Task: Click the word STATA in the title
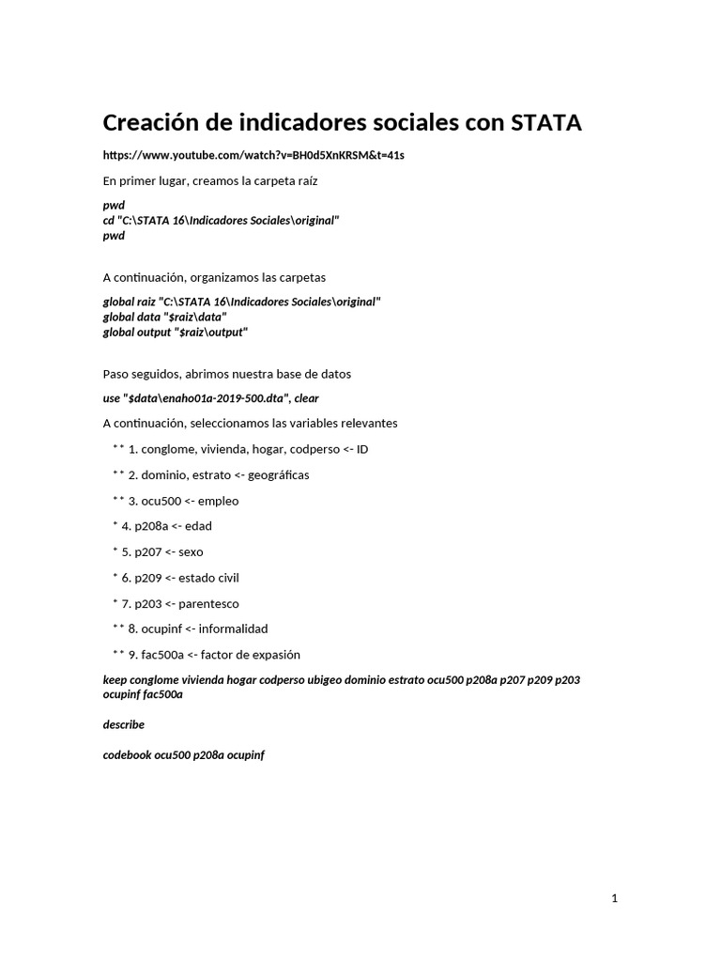pyautogui.click(x=546, y=123)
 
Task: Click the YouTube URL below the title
pyautogui.click(x=253, y=154)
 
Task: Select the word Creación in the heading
pyautogui.click(x=154, y=123)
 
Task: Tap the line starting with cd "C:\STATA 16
pyautogui.click(x=221, y=220)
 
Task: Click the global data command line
pyautogui.click(x=164, y=317)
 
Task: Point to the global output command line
pyautogui.click(x=176, y=332)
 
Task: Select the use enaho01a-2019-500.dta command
pyautogui.click(x=210, y=398)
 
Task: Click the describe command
pyautogui.click(x=123, y=724)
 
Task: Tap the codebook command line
pyautogui.click(x=183, y=754)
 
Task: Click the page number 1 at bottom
pyautogui.click(x=614, y=899)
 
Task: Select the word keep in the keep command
pyautogui.click(x=114, y=679)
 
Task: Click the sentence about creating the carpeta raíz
pyautogui.click(x=216, y=179)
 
